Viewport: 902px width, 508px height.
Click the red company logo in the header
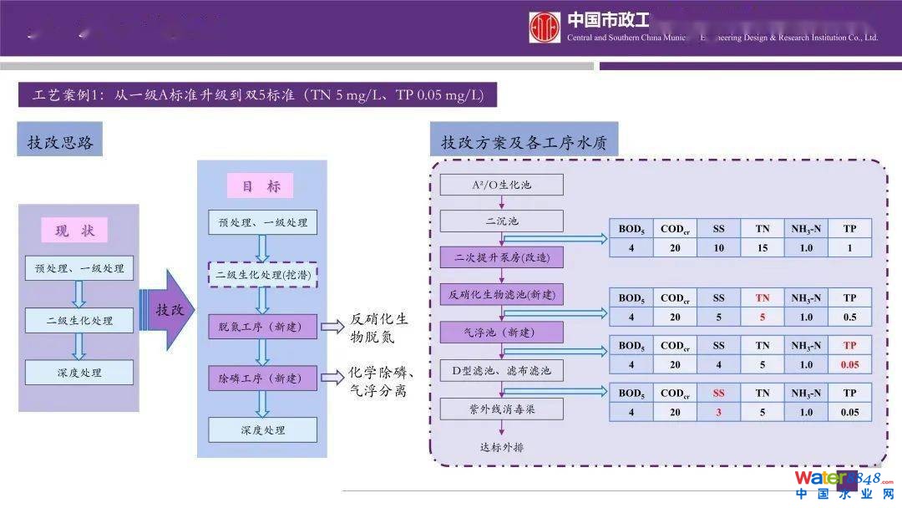pos(545,27)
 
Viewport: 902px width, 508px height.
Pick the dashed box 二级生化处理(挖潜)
pos(262,274)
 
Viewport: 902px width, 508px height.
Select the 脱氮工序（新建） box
pos(262,327)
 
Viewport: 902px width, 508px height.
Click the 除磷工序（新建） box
pos(262,378)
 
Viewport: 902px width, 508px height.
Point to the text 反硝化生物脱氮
pos(381,328)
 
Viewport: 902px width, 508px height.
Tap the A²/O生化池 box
pos(501,185)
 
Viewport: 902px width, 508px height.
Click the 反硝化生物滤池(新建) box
pos(502,294)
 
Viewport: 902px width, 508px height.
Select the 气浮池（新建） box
pos(502,332)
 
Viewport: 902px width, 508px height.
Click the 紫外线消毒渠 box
pos(502,409)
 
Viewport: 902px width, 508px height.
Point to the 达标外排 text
pos(502,446)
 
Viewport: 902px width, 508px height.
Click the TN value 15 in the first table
pos(762,247)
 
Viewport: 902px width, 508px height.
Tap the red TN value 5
pos(762,317)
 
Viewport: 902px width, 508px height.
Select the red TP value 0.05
pos(849,364)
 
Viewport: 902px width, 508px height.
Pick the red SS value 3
pos(718,412)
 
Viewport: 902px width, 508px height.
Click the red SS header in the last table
pos(718,393)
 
